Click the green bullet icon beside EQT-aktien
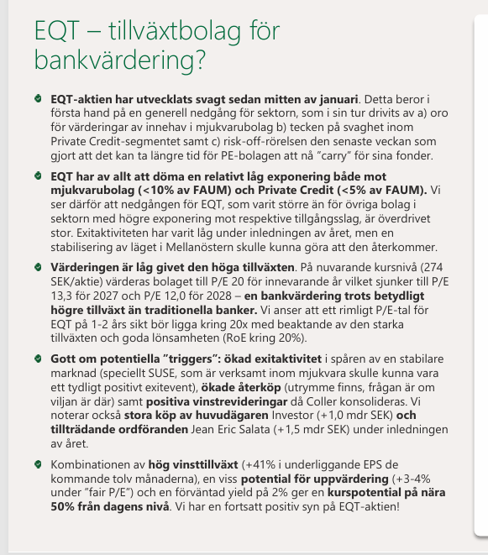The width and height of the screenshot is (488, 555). click(x=38, y=100)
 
